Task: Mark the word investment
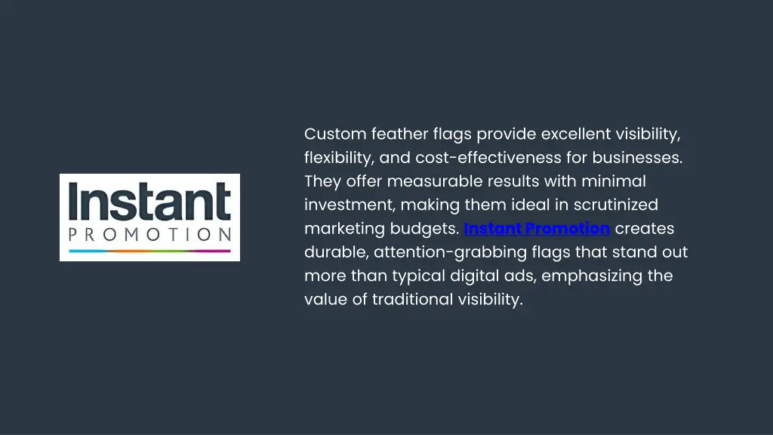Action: coord(350,205)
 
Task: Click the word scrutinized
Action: coord(615,205)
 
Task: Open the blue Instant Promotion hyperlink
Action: coord(537,228)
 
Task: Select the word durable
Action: coord(336,251)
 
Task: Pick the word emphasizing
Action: coord(593,276)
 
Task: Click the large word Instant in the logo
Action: coord(149,202)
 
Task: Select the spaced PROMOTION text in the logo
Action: coord(149,234)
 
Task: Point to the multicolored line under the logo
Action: coord(149,249)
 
